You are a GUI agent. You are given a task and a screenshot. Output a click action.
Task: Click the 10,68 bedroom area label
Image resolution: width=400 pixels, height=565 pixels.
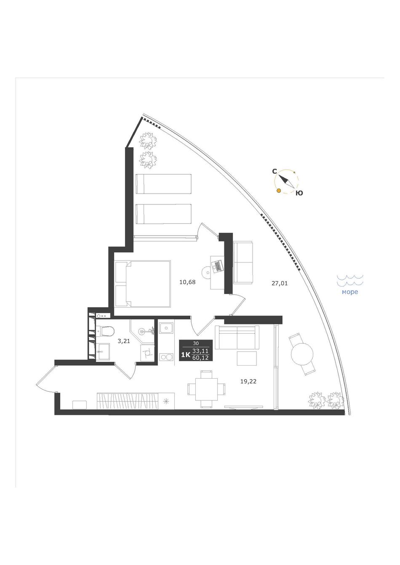187,282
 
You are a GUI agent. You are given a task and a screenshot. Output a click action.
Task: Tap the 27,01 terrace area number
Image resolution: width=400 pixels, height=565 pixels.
280,284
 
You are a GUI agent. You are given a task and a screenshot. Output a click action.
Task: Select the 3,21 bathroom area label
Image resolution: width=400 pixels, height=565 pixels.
124,342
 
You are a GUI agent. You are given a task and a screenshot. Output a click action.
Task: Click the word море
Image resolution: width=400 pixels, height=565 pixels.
350,292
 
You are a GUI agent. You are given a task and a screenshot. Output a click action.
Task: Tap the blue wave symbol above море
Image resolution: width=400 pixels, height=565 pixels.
350,280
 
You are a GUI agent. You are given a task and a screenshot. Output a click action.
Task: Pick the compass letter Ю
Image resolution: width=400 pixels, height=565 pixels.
299,193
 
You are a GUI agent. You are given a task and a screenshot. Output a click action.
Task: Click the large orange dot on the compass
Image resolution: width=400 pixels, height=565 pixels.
279,191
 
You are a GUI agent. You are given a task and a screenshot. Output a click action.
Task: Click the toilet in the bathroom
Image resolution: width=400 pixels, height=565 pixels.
106,331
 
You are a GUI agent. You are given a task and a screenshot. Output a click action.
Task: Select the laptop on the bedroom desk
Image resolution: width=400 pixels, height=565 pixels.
218,266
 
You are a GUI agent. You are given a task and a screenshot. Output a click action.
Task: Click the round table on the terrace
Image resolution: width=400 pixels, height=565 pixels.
302,354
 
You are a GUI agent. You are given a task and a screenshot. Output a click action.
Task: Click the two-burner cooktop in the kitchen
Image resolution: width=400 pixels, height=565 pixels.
166,357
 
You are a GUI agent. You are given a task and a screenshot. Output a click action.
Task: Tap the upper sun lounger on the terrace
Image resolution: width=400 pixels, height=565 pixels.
163,183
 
